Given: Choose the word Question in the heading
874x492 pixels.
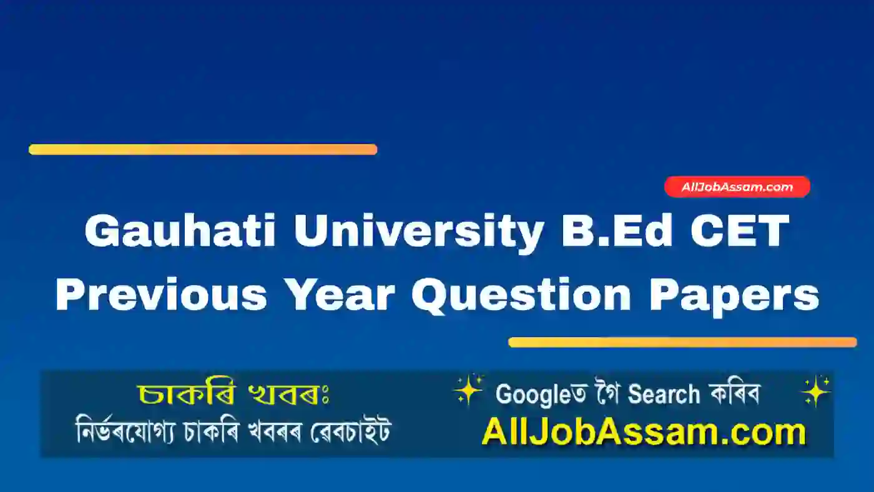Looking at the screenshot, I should (521, 296).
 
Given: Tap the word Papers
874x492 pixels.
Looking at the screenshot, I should (734, 296).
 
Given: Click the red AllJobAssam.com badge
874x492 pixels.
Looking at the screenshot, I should (737, 187).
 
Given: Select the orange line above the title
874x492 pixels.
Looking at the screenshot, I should (203, 149).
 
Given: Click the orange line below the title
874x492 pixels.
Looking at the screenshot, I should (682, 342).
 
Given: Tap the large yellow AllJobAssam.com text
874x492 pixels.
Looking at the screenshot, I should (644, 433).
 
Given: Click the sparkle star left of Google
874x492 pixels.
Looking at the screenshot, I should (468, 389).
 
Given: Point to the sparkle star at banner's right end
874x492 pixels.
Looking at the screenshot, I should (815, 391).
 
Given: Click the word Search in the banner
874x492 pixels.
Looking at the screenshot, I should (664, 394).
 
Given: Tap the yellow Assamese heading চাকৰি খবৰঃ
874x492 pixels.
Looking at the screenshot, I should (233, 394).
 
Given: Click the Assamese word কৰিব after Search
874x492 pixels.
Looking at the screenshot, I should (734, 394).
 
